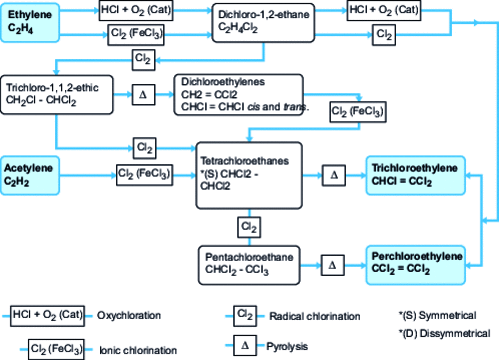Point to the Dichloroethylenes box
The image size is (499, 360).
242,94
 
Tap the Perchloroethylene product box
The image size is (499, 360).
416,262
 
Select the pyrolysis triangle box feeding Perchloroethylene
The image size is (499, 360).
333,265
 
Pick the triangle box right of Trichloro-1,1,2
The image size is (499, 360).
142,95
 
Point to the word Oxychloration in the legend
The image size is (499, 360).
127,316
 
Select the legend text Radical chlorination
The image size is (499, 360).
314,316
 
